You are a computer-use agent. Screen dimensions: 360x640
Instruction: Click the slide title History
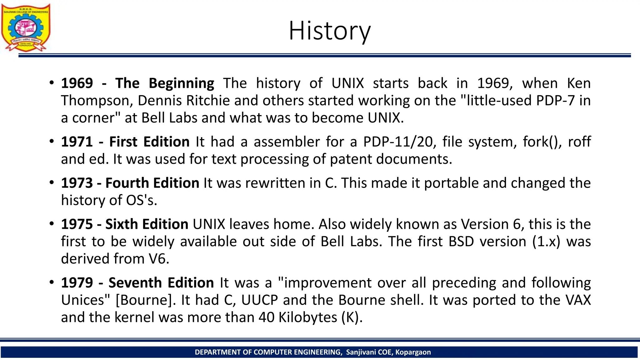point(329,31)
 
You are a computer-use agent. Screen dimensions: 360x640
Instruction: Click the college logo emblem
point(26,27)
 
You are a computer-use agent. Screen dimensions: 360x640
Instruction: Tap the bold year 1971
point(77,142)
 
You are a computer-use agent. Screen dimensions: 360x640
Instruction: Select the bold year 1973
point(77,183)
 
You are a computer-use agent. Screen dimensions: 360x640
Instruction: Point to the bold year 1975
point(77,224)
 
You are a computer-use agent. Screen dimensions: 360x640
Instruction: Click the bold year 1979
point(77,283)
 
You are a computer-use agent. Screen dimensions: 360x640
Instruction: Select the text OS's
point(141,200)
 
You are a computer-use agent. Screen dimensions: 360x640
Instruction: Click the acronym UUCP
point(259,300)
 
